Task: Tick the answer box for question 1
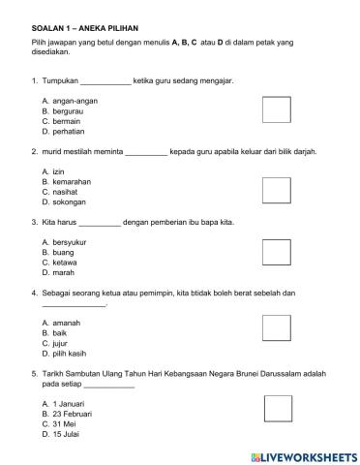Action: (277, 109)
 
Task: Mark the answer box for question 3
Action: (277, 252)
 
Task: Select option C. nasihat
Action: (59, 192)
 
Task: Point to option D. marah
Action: (57, 273)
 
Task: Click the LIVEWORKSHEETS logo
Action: (303, 455)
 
